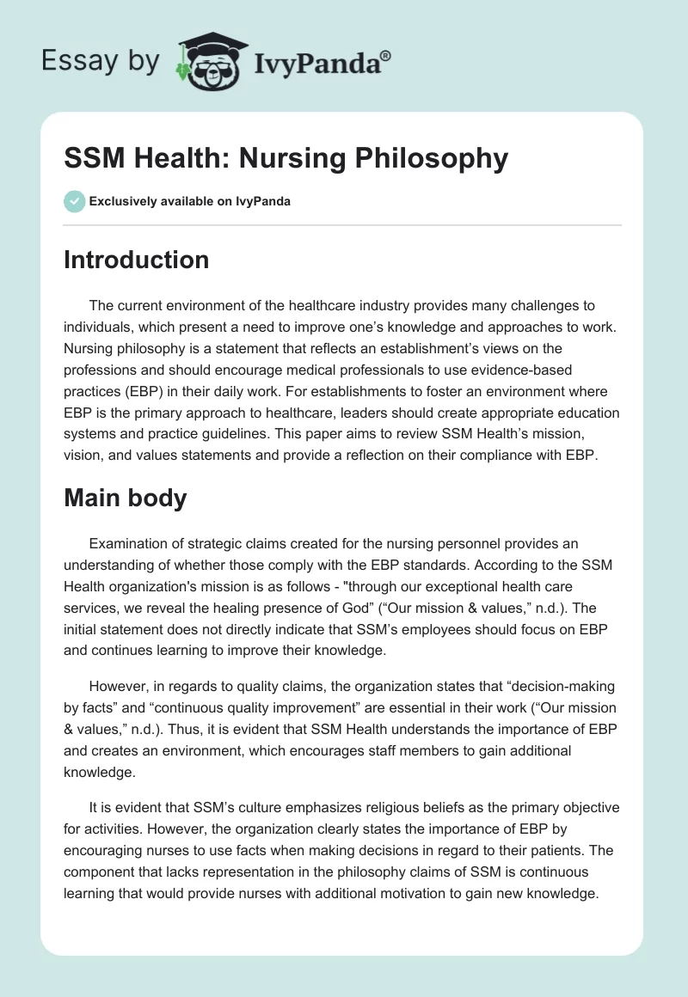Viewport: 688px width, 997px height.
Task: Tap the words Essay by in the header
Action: [101, 61]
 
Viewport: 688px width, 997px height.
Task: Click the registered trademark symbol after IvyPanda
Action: [386, 57]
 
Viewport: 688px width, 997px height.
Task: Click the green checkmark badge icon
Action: [74, 201]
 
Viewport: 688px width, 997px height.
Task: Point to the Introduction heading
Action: [136, 260]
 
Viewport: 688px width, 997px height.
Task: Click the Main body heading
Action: [125, 498]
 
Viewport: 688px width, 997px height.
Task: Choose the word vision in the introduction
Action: [83, 434]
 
